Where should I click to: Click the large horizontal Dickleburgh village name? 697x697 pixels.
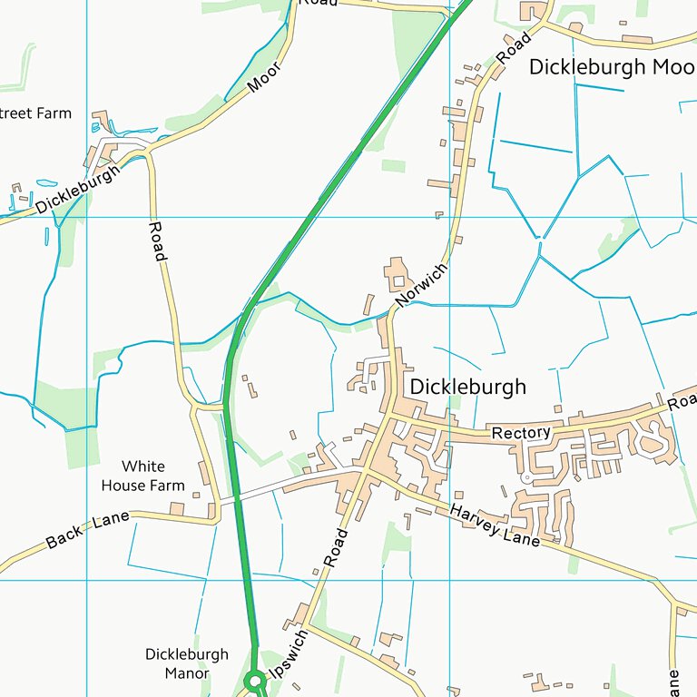pyautogui.click(x=467, y=387)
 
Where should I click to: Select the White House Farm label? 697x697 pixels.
pyautogui.click(x=142, y=476)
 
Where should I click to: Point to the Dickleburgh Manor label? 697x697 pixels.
pyautogui.click(x=187, y=663)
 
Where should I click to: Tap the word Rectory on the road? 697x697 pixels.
pyautogui.click(x=521, y=434)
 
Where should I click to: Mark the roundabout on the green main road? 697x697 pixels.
pyautogui.click(x=255, y=678)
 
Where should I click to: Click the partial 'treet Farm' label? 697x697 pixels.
pyautogui.click(x=34, y=113)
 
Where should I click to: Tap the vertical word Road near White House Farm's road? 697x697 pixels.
pyautogui.click(x=157, y=241)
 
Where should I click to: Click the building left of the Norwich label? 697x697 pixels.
pyautogui.click(x=397, y=273)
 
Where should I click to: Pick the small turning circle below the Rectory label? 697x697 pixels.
pyautogui.click(x=525, y=476)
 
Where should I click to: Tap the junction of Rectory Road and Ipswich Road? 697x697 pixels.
pyautogui.click(x=389, y=417)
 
